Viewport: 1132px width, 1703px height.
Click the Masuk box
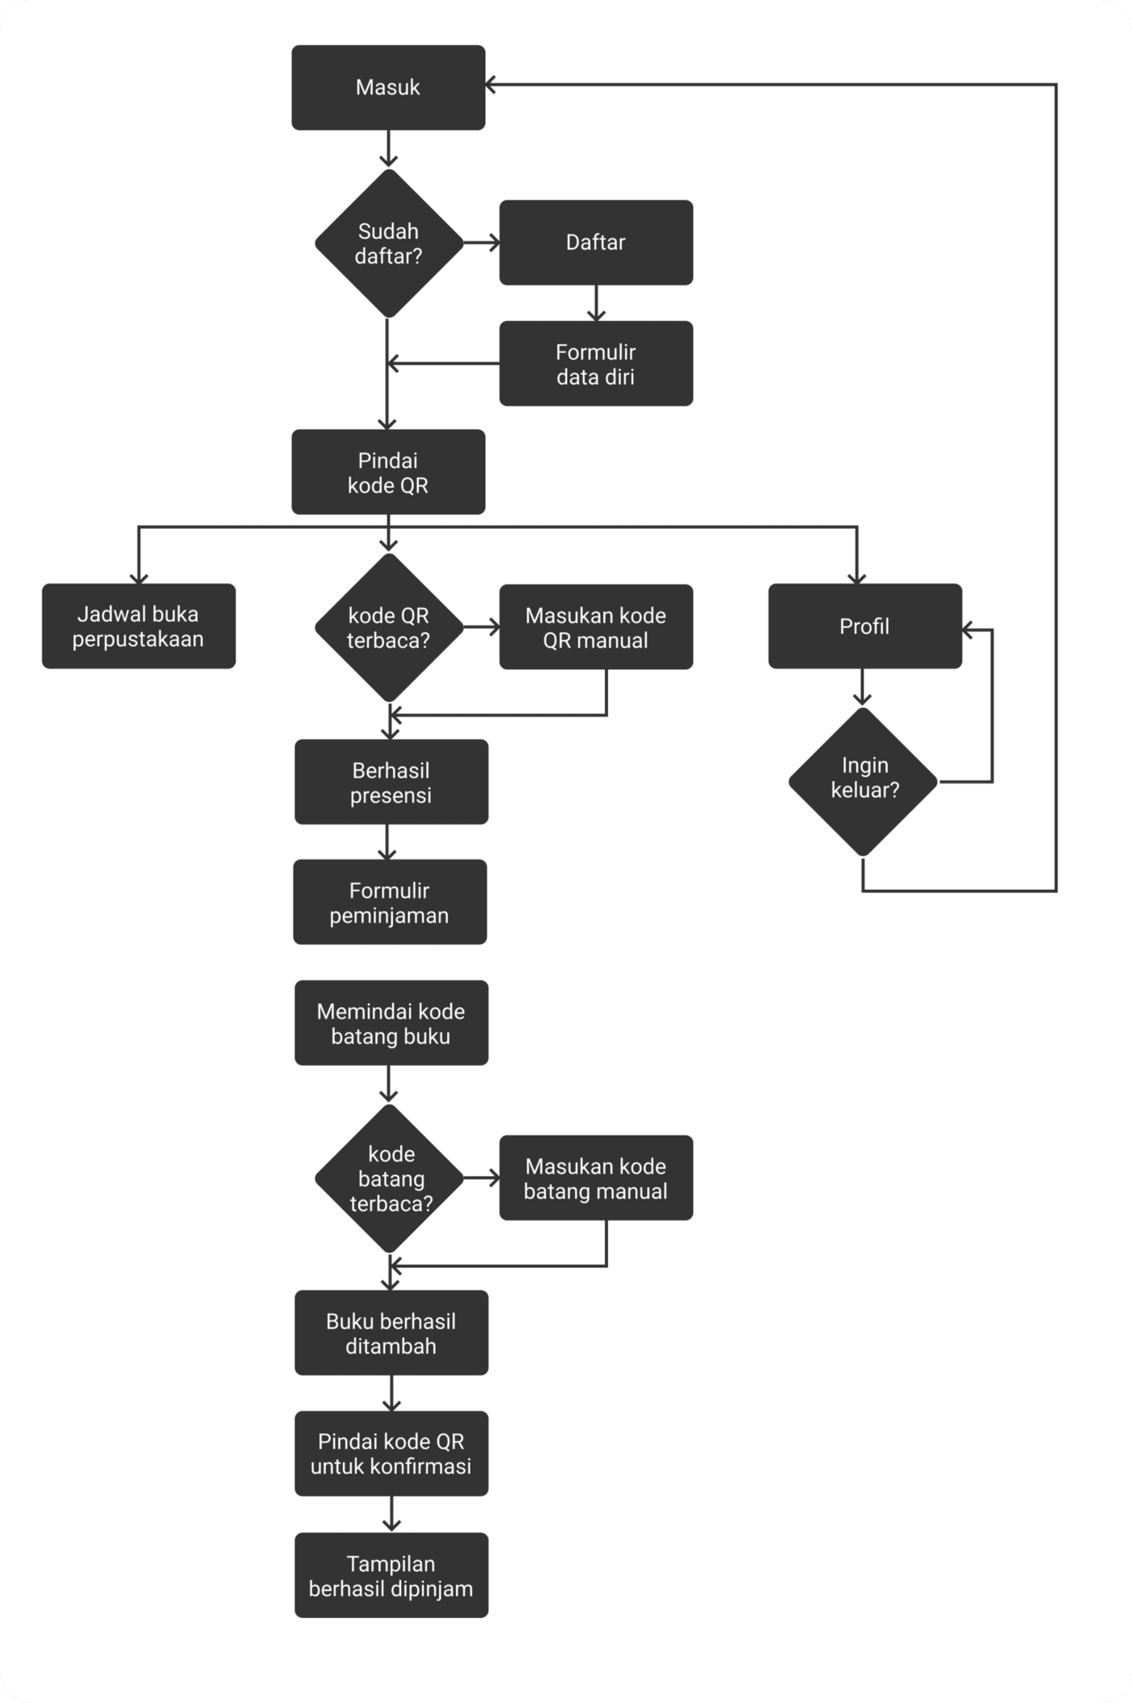(388, 87)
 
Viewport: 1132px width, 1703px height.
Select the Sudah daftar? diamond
(388, 243)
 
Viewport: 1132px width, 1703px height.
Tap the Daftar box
(596, 242)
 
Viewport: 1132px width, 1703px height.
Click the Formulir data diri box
(596, 364)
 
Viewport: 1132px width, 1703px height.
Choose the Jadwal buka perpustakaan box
(138, 626)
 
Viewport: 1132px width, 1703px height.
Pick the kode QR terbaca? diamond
(388, 627)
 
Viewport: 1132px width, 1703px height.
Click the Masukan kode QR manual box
(596, 627)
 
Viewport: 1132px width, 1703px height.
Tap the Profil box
(864, 626)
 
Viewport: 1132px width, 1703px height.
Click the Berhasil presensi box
(391, 782)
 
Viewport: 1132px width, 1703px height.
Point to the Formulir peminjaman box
(390, 902)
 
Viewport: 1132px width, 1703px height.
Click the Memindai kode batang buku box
(391, 1023)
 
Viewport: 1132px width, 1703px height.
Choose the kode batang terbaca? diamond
(390, 1178)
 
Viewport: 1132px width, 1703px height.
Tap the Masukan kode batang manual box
(596, 1178)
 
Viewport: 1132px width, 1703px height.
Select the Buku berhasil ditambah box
(391, 1333)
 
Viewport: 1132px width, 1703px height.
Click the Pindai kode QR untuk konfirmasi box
(391, 1453)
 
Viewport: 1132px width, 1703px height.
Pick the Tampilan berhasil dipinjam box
(391, 1575)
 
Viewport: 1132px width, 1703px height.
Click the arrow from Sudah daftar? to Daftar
(482, 242)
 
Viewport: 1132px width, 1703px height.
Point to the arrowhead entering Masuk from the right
(492, 83)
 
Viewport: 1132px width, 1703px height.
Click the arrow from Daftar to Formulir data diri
(596, 303)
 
